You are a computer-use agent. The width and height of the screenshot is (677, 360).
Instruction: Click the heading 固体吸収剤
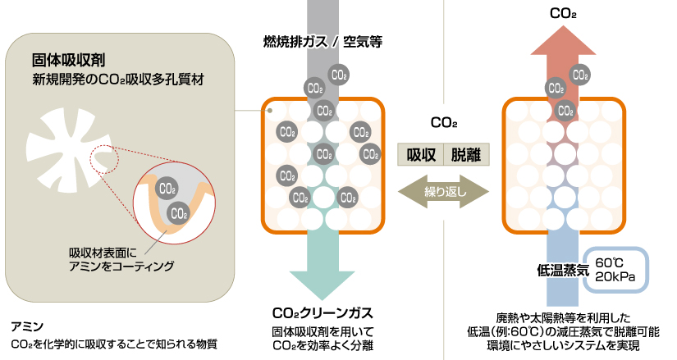(x=67, y=60)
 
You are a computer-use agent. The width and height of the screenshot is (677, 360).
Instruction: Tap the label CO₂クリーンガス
(x=322, y=312)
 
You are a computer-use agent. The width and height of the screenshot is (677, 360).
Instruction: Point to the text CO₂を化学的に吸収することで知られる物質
(x=114, y=344)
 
